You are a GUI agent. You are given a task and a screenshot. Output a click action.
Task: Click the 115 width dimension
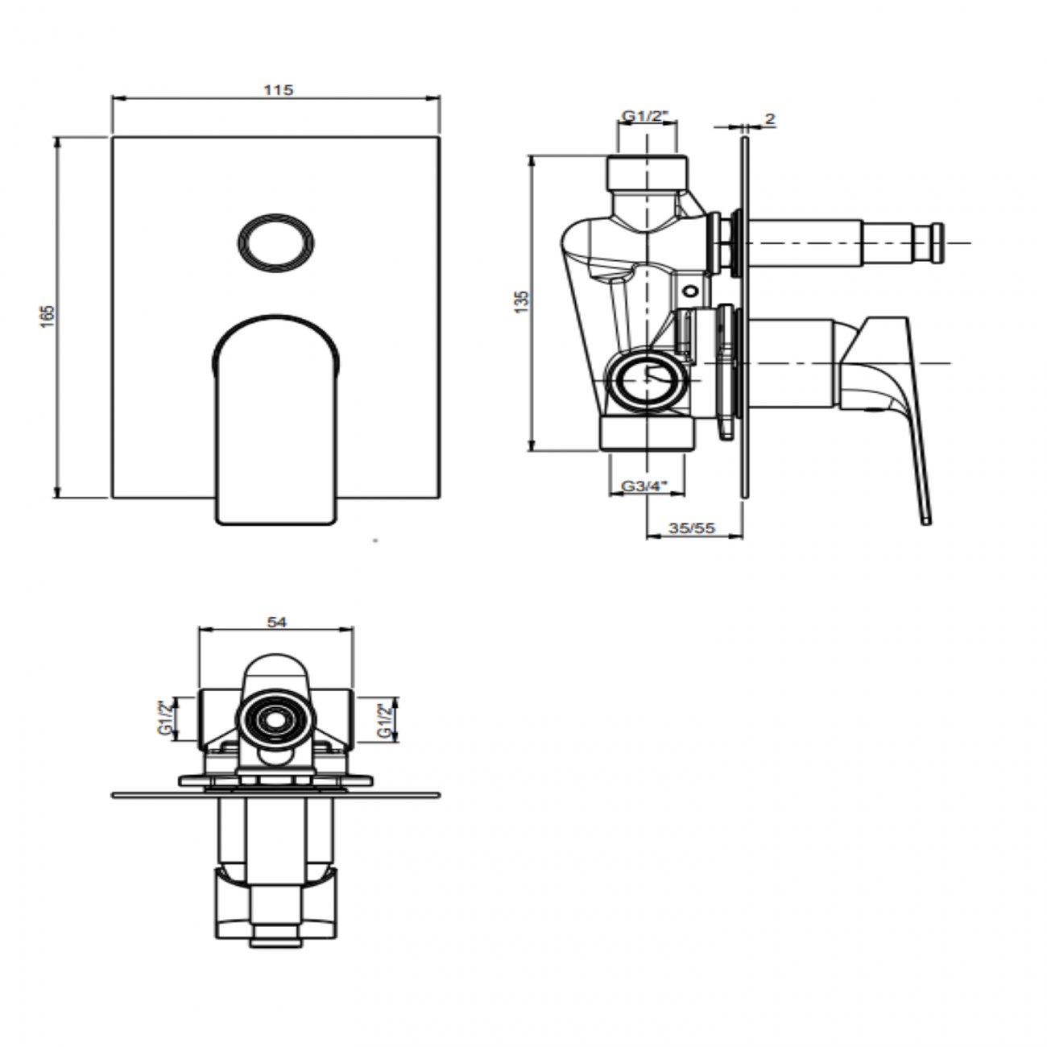(x=278, y=89)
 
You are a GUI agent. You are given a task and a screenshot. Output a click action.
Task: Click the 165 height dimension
(x=48, y=317)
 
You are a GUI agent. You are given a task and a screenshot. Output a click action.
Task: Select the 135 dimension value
(x=520, y=301)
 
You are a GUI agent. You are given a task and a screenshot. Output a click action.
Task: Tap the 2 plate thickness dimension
(x=770, y=118)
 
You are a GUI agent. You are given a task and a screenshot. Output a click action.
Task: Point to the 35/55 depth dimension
(x=692, y=528)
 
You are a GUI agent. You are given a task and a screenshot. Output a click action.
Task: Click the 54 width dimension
(x=276, y=622)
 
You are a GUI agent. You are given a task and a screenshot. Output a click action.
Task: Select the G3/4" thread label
(x=644, y=486)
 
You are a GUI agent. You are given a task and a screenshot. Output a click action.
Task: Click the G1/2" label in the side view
(x=645, y=116)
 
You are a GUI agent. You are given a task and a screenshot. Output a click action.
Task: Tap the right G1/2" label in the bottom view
(x=384, y=721)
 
